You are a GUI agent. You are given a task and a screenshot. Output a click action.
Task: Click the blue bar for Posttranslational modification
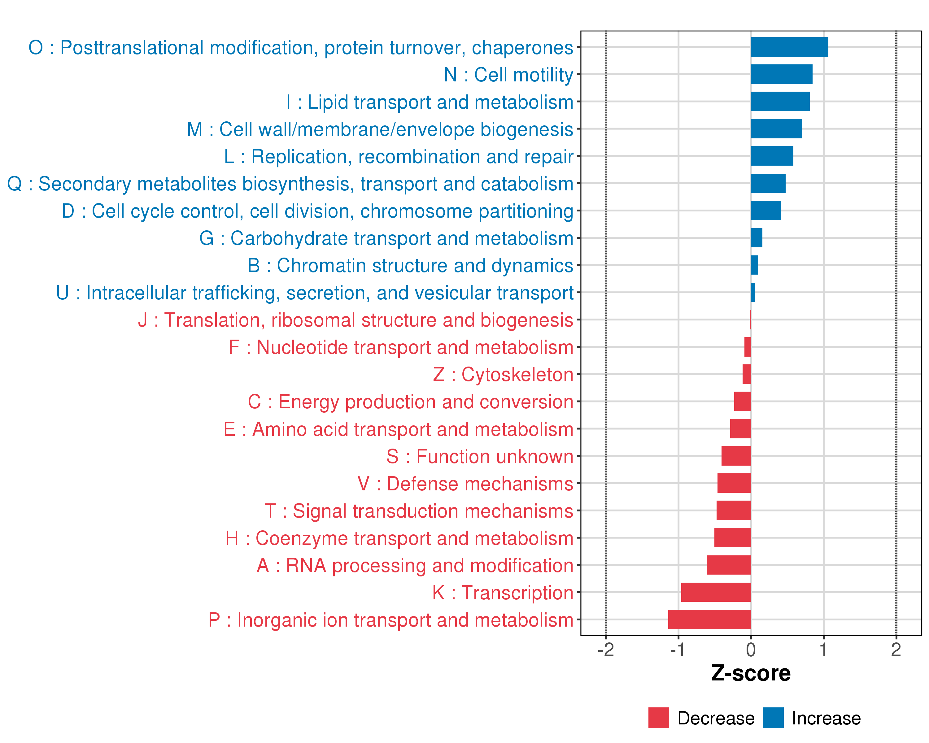pos(789,47)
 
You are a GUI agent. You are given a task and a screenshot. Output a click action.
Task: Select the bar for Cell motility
pos(781,74)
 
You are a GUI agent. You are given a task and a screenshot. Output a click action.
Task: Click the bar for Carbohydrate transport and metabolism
pos(756,238)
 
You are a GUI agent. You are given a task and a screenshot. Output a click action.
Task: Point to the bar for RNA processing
pos(729,565)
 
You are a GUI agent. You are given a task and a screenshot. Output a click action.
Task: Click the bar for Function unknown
pos(736,456)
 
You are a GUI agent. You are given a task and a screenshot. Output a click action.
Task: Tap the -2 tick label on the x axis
pos(605,650)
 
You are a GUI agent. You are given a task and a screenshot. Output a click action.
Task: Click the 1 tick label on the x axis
pos(823,650)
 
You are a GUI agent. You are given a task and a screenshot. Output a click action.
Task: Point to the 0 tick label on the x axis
pos(751,650)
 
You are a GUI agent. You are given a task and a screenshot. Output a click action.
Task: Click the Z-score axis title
pos(751,674)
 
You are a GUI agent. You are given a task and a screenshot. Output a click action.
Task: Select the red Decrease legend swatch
pos(658,718)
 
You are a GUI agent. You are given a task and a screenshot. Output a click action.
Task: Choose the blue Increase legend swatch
pos(773,718)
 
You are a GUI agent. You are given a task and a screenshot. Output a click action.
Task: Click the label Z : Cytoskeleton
pos(503,375)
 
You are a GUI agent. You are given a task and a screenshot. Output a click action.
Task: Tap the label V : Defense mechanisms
pos(465,484)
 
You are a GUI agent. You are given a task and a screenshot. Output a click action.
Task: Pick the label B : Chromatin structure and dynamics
pos(410,266)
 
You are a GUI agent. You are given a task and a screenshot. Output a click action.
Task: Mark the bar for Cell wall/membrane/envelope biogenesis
pos(776,129)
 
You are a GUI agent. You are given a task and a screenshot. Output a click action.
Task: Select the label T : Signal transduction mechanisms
pos(419,511)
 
